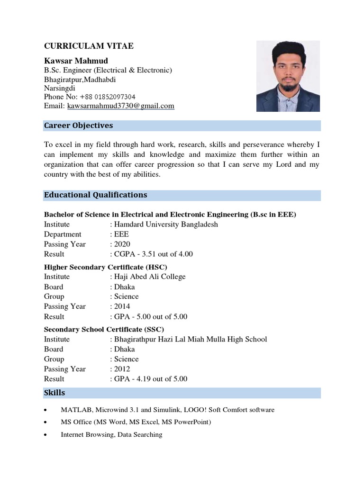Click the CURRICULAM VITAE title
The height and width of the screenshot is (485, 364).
coord(89,46)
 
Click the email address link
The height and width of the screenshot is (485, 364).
coord(120,106)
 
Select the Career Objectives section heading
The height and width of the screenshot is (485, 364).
coord(79,126)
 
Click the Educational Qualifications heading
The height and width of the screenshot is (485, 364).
coord(95,195)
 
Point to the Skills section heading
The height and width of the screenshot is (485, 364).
coord(55,393)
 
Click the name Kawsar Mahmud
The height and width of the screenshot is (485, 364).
coord(76,61)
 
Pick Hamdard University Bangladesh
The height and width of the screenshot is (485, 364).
coord(166,225)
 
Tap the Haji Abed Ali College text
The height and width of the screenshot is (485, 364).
coord(149,277)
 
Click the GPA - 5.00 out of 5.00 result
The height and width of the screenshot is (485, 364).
coord(150,316)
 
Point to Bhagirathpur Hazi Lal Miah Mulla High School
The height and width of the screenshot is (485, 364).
coord(190,339)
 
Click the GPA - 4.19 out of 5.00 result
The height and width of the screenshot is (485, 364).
coord(150,379)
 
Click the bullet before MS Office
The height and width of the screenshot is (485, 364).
coord(45,422)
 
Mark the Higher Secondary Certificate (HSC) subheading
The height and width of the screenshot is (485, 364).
coord(106,267)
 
